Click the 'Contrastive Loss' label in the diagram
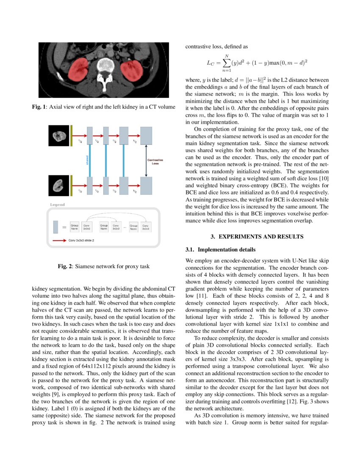point(155,161)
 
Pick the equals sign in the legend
point(64,227)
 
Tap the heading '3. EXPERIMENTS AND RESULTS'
point(257,237)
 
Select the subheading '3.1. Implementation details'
point(220,250)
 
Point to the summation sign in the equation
point(226,63)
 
